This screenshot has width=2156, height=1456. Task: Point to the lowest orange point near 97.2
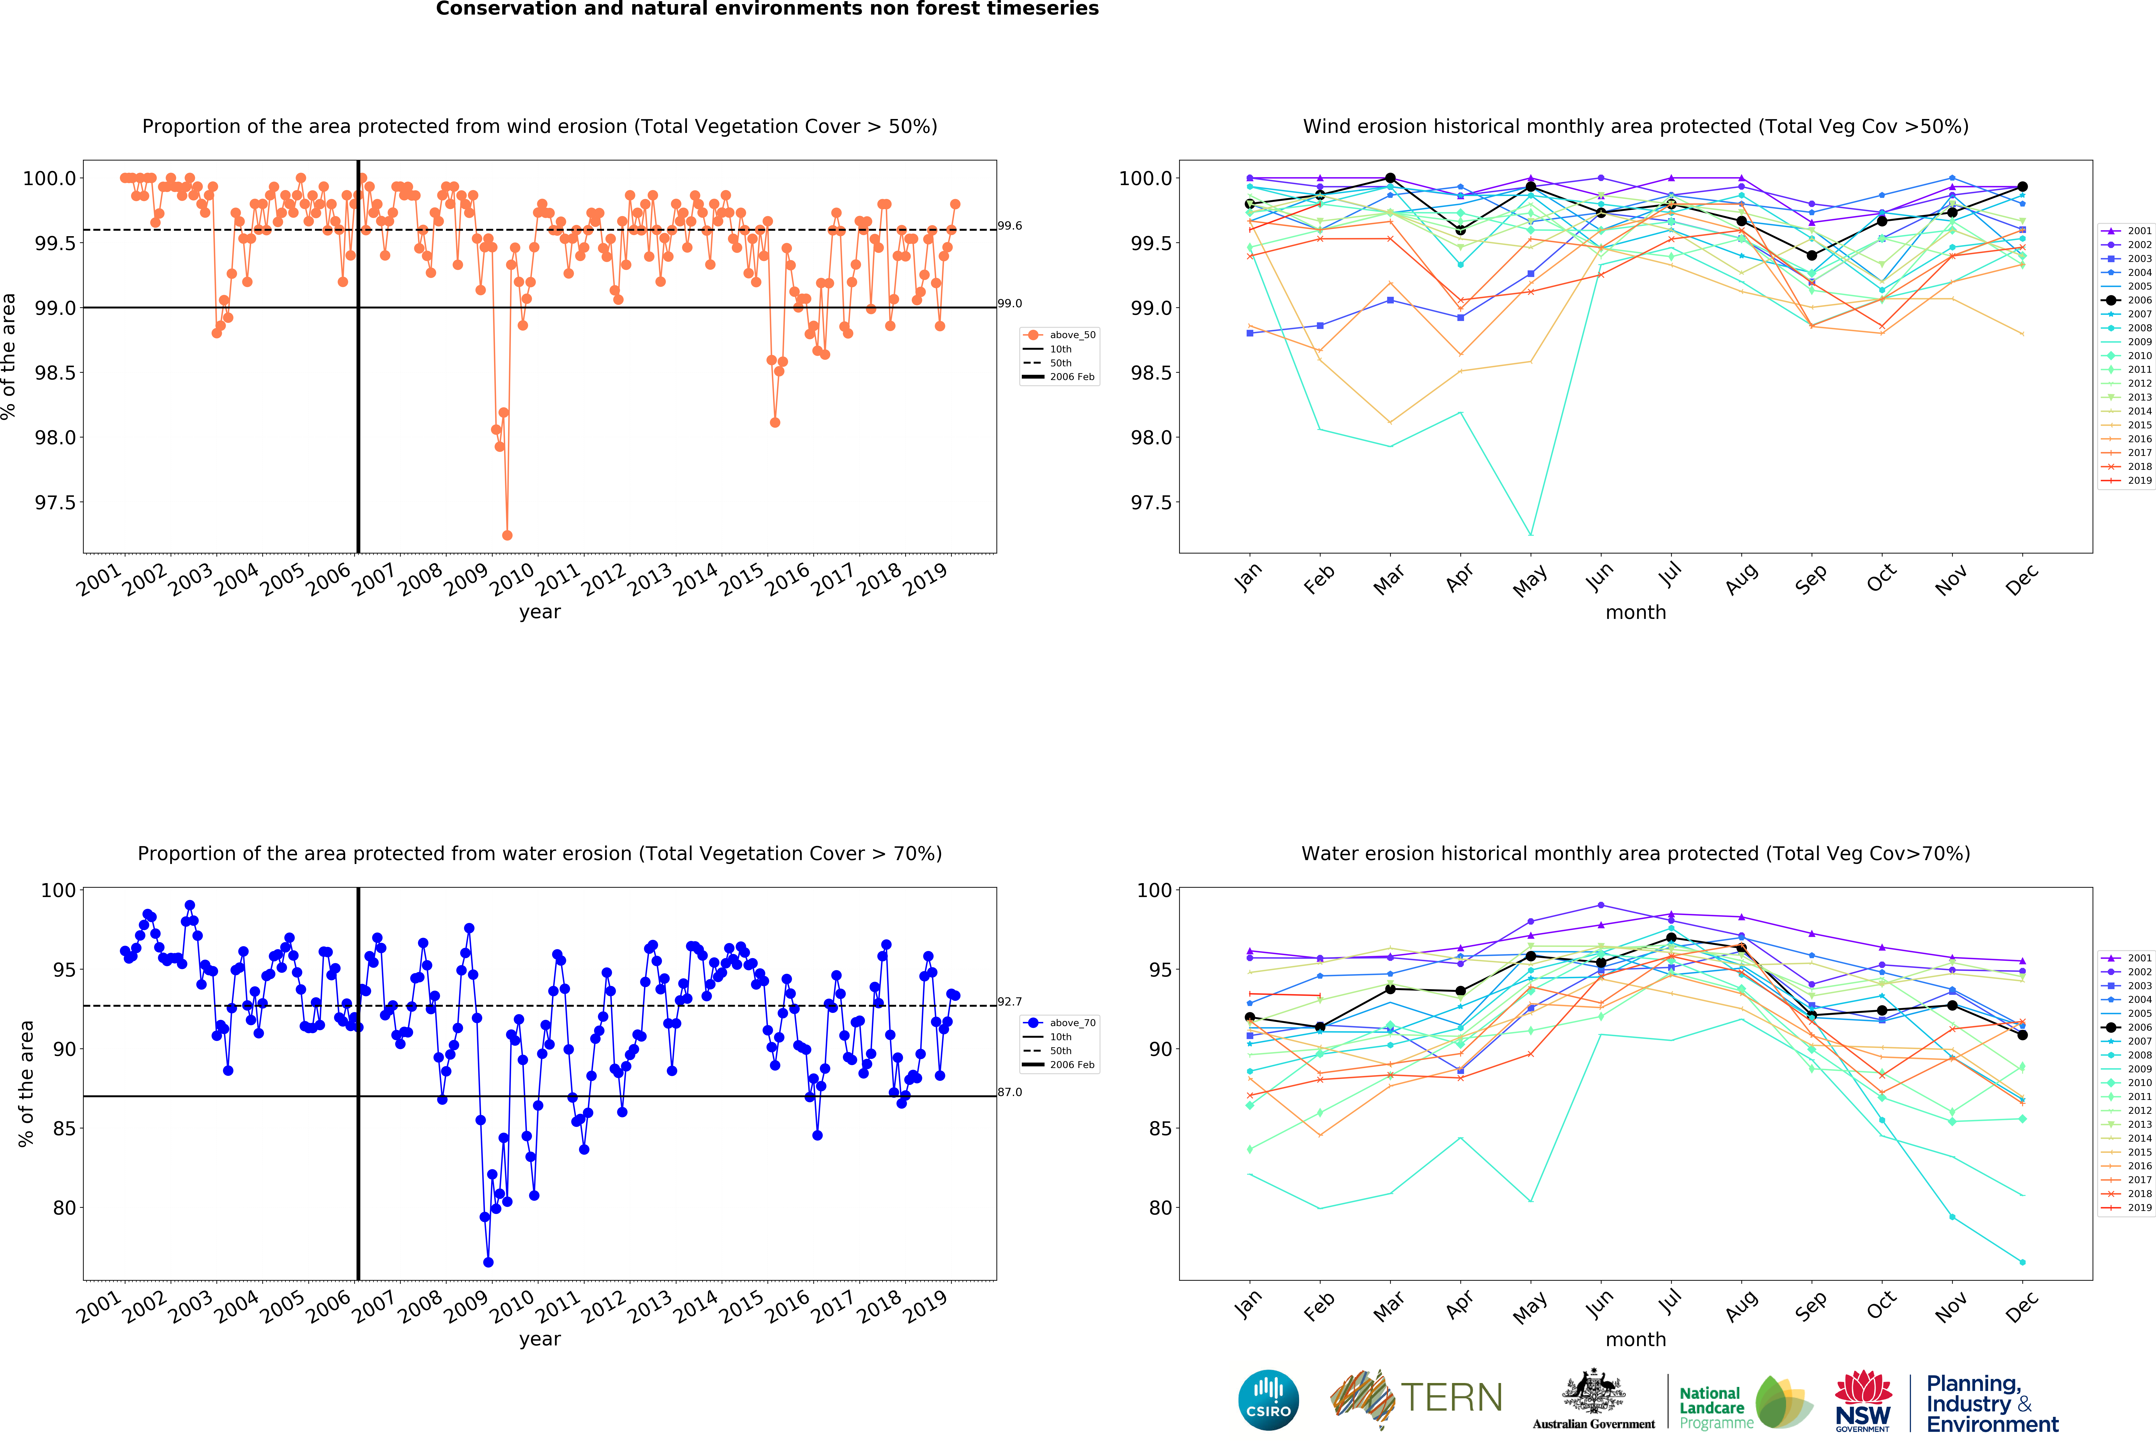[507, 535]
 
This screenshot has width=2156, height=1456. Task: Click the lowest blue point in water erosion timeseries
[488, 1262]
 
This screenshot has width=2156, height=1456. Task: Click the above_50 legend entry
[1071, 335]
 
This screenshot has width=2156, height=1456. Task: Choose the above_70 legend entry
[1071, 1023]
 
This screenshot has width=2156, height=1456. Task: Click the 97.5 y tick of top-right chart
[1149, 503]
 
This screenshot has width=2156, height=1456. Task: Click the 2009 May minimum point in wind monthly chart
[1531, 534]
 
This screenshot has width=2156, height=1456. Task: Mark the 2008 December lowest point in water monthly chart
[2022, 1262]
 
